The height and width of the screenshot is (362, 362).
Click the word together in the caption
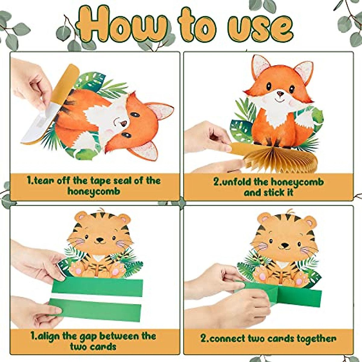[x=317, y=338]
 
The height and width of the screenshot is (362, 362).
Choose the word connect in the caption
[x=227, y=338]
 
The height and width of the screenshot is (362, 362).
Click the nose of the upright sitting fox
[x=281, y=94]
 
